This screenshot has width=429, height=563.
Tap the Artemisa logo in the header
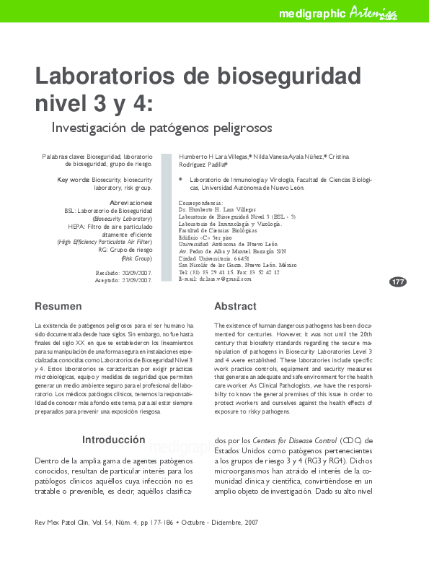click(x=373, y=12)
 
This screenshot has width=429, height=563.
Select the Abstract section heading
click(x=235, y=306)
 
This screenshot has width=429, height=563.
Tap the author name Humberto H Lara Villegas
click(x=213, y=156)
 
